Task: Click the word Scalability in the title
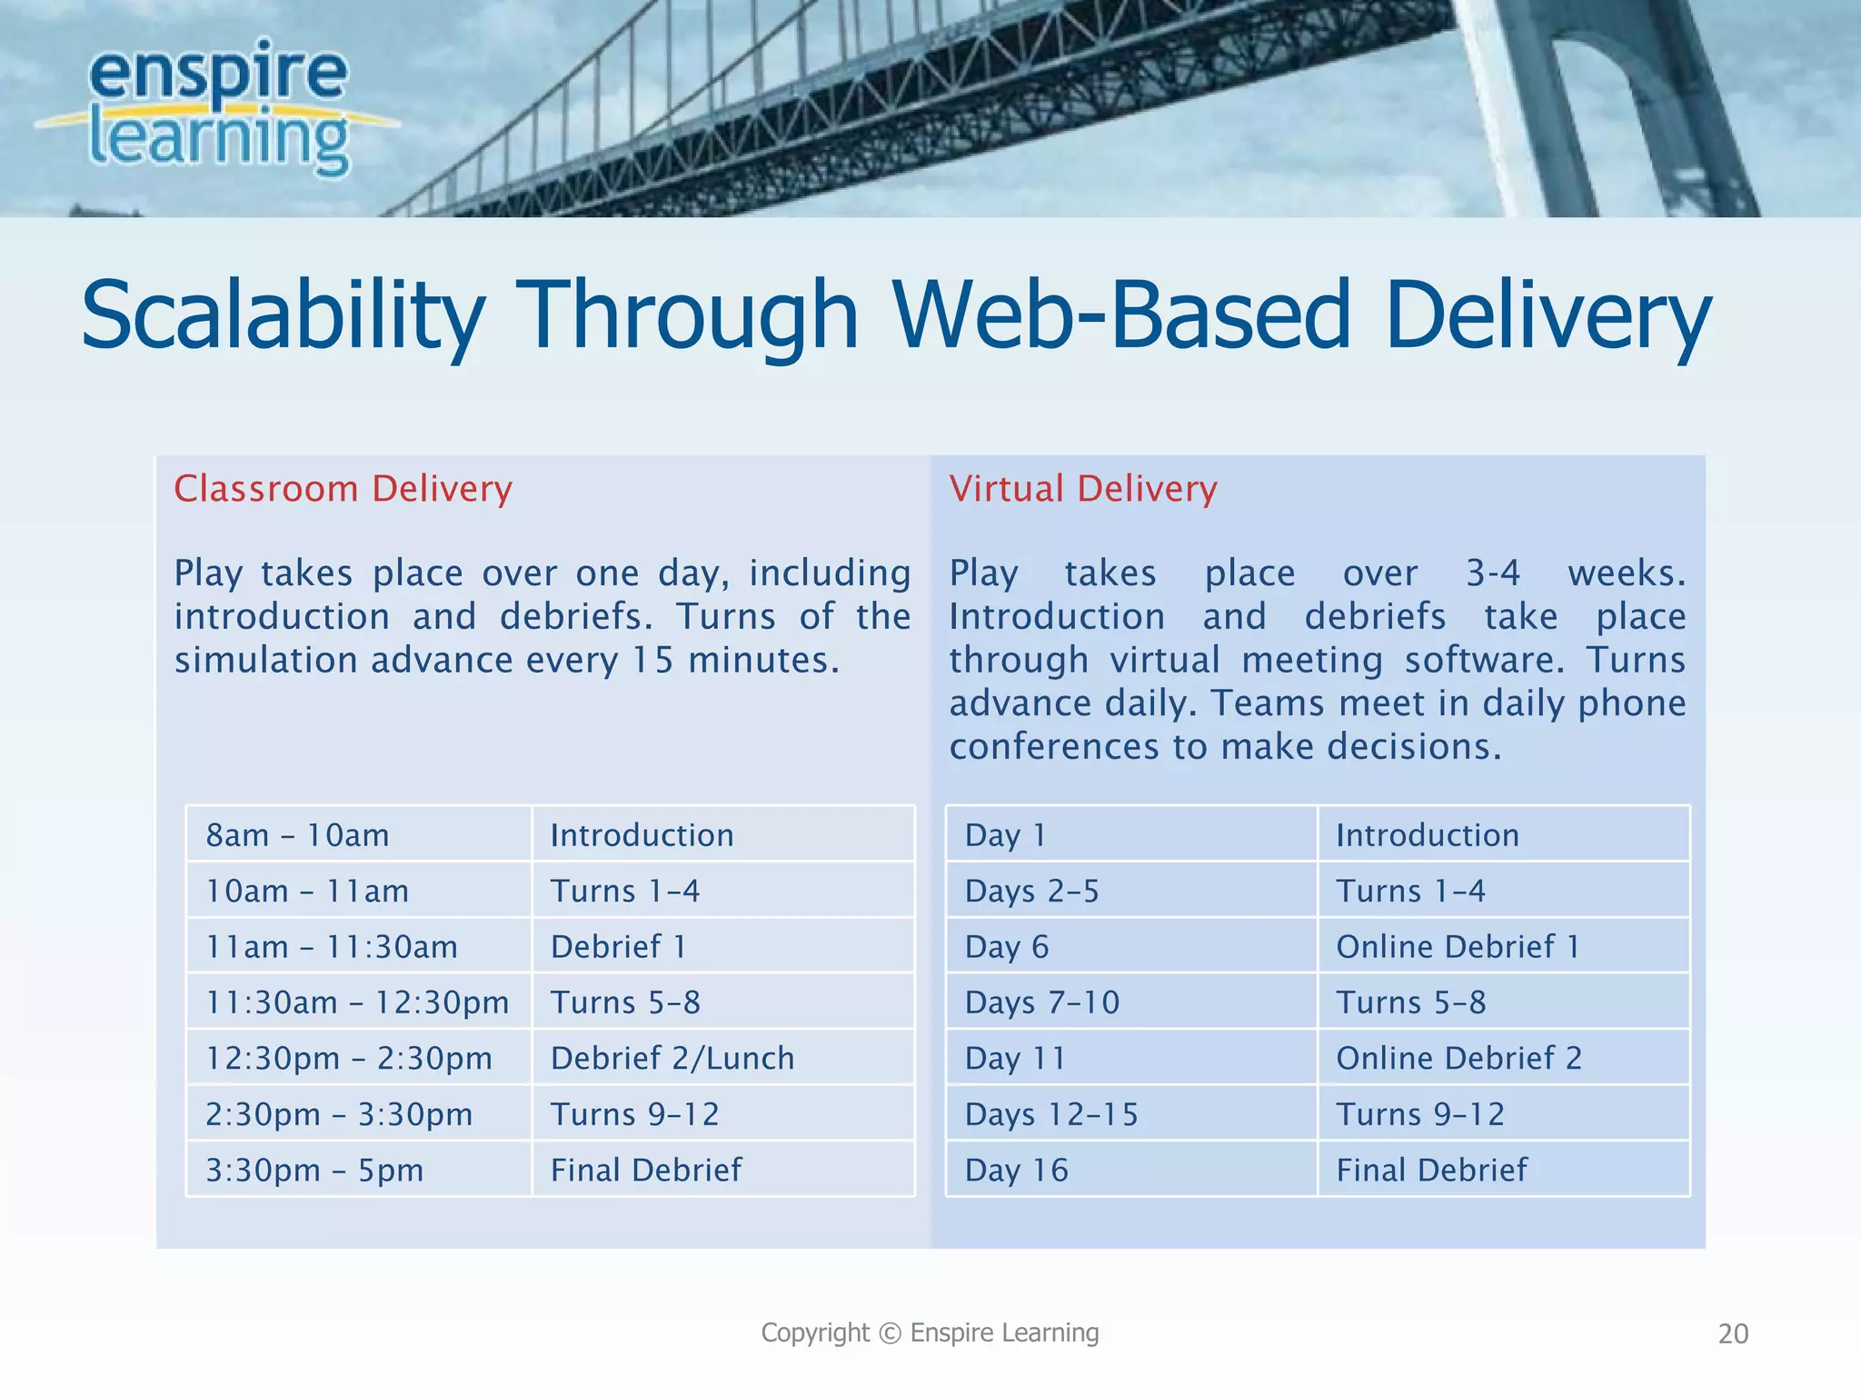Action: coord(282,315)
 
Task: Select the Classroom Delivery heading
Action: coord(343,489)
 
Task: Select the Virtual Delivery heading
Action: coord(1082,489)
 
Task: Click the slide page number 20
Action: coord(1733,1334)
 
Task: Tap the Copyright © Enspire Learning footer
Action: coord(930,1333)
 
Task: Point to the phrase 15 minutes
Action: coord(734,661)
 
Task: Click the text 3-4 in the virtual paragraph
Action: coord(1492,573)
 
